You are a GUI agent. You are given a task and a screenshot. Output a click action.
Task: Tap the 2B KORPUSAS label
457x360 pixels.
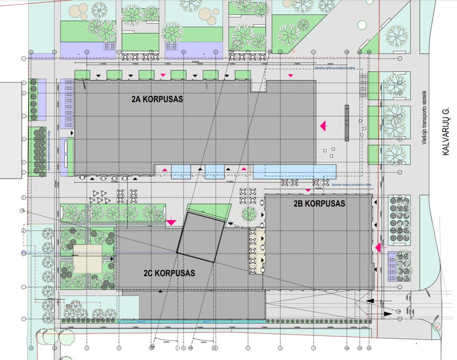coord(319,204)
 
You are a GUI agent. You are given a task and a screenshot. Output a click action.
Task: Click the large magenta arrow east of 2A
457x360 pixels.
coord(324,127)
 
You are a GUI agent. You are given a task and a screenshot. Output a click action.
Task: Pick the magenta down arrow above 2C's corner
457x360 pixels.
coord(171,221)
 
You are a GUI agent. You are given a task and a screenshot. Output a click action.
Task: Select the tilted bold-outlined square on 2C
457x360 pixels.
coord(200,237)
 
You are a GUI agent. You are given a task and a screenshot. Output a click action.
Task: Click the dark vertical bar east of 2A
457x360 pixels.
coord(346,123)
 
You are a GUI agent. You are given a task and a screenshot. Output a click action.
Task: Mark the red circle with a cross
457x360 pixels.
coord(438,327)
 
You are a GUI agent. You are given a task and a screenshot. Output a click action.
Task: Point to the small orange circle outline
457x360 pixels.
coord(293,51)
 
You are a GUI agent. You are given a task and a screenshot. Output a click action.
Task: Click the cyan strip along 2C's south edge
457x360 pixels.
coord(192,321)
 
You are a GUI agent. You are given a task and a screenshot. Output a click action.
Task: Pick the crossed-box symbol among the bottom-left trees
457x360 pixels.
coord(68,306)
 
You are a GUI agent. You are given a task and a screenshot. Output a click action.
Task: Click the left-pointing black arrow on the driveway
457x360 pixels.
coord(371,302)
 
